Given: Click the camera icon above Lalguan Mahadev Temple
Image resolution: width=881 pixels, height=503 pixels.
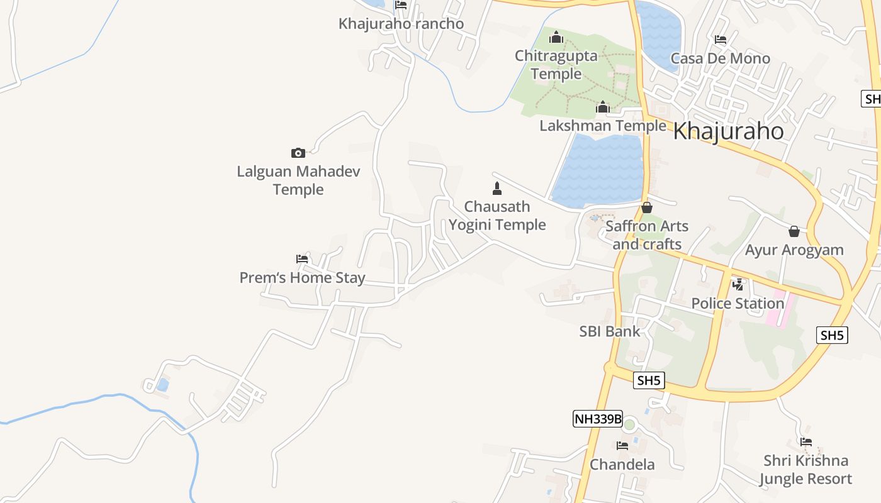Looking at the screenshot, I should (298, 153).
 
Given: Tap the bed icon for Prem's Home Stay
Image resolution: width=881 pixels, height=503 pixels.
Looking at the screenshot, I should (302, 258).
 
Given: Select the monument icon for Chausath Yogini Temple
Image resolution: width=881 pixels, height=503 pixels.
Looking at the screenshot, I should (497, 188).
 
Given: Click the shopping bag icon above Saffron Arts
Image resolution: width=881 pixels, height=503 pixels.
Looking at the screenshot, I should (646, 207).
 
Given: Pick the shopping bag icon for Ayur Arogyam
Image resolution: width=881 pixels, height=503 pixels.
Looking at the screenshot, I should (794, 231).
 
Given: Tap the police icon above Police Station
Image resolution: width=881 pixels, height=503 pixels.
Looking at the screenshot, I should (738, 285).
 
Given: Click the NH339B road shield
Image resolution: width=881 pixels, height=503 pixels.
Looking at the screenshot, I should (597, 419).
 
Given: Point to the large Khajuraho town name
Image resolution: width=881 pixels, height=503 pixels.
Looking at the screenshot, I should (728, 131).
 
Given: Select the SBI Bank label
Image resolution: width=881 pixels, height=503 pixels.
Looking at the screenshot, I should (609, 331).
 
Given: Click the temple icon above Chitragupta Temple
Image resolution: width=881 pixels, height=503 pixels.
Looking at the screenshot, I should (556, 38).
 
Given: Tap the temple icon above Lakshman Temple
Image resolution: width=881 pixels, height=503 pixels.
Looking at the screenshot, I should (603, 108).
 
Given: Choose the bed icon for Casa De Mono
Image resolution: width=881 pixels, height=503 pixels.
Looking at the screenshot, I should (721, 40).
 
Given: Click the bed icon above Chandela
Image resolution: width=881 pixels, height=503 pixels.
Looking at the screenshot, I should (622, 446).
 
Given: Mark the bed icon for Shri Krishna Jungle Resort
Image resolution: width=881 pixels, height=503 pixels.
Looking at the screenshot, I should (805, 442).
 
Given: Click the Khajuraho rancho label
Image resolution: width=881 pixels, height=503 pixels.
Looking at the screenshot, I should (401, 24).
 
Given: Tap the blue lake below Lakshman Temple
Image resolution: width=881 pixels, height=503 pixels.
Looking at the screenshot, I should (598, 173).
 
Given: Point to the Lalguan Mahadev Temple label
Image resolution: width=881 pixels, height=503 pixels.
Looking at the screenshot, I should (298, 180).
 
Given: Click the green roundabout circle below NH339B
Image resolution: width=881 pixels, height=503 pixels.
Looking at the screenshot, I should (629, 424).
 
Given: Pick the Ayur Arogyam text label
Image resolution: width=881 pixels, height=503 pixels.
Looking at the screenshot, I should (794, 250).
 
